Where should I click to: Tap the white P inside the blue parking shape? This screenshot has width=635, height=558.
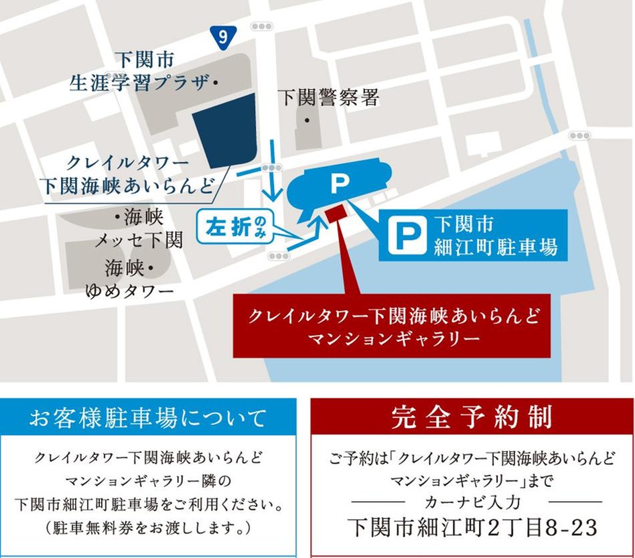coord(341,183)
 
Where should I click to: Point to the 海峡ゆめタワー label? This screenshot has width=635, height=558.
coord(130,279)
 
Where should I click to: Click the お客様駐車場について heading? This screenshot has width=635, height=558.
coord(148,419)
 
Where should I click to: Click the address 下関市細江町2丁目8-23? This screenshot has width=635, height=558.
coord(472,527)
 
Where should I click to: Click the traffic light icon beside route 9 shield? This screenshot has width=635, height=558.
coord(262,26)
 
